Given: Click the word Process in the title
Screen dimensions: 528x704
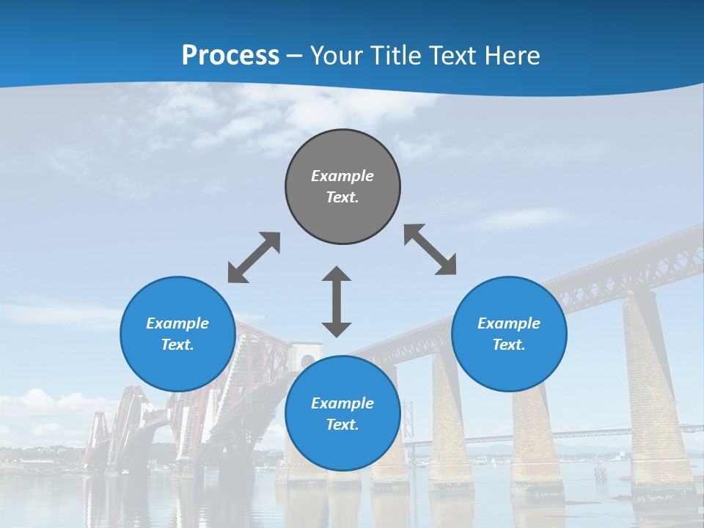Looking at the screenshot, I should point(230,56).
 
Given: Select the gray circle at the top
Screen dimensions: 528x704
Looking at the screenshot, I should point(342,187).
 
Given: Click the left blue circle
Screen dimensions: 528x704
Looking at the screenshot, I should point(177,334).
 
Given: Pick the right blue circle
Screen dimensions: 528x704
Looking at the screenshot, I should point(509,334).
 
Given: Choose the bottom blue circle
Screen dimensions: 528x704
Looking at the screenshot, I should point(342,413).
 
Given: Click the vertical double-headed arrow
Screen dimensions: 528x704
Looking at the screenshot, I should point(337,301).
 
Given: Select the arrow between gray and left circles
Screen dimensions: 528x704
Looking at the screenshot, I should point(254,257).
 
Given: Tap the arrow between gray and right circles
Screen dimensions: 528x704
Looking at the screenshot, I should point(430,249).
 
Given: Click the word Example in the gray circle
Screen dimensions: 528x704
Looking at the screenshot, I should point(342,176).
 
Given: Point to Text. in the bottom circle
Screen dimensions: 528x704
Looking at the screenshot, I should point(342,425).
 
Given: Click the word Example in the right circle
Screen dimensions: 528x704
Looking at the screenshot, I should point(509,323).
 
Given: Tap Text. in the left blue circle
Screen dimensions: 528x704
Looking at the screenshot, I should point(177,345).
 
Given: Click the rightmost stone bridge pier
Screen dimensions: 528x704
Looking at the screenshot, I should point(656,389).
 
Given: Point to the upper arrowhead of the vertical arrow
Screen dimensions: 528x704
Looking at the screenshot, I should point(337,275).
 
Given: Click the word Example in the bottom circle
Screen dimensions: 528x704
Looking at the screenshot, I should point(342,403).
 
